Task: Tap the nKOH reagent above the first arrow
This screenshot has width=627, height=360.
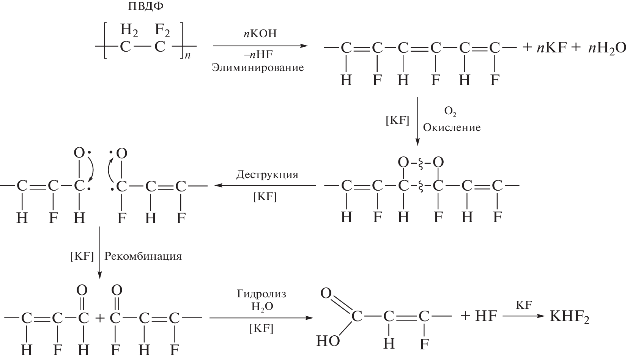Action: [260, 34]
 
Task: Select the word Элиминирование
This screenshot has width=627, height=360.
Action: [258, 68]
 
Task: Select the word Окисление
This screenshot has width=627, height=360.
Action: [452, 128]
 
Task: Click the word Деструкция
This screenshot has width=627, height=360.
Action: [267, 175]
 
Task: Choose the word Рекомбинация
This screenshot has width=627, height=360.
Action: [143, 256]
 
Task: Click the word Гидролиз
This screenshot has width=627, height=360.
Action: [262, 294]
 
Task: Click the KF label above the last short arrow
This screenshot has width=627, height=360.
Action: [524, 305]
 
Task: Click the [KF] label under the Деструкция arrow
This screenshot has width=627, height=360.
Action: [265, 197]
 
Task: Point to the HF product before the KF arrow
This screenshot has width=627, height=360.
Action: [486, 316]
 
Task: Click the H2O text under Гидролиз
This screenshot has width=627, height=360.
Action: [262, 306]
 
